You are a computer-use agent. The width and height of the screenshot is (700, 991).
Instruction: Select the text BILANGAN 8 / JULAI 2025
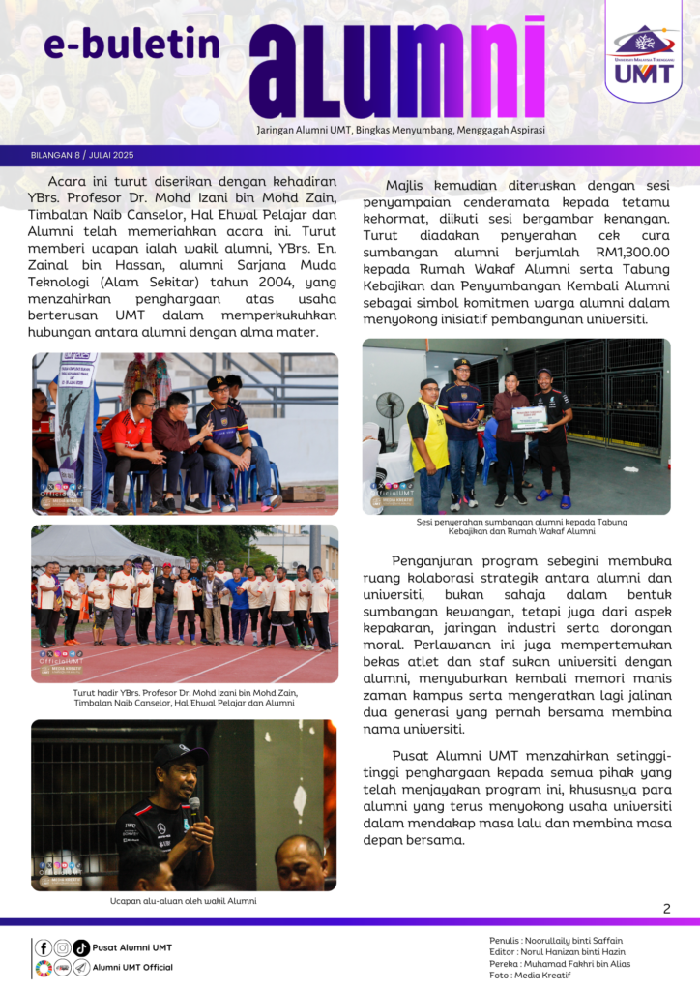82,155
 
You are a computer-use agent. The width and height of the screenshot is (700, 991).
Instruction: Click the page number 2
666,908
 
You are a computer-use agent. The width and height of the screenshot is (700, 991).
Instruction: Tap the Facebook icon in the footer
44,948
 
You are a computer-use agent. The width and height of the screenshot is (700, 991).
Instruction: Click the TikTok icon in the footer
81,948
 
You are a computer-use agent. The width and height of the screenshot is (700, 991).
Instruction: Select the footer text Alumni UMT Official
132,967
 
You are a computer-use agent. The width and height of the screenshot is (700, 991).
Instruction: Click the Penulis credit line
556,940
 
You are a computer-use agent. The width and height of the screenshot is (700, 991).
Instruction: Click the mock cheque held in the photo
529,418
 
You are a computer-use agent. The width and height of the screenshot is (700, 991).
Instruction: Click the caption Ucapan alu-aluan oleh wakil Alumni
184,900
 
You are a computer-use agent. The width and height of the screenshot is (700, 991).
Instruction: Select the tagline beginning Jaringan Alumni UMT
400,129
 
